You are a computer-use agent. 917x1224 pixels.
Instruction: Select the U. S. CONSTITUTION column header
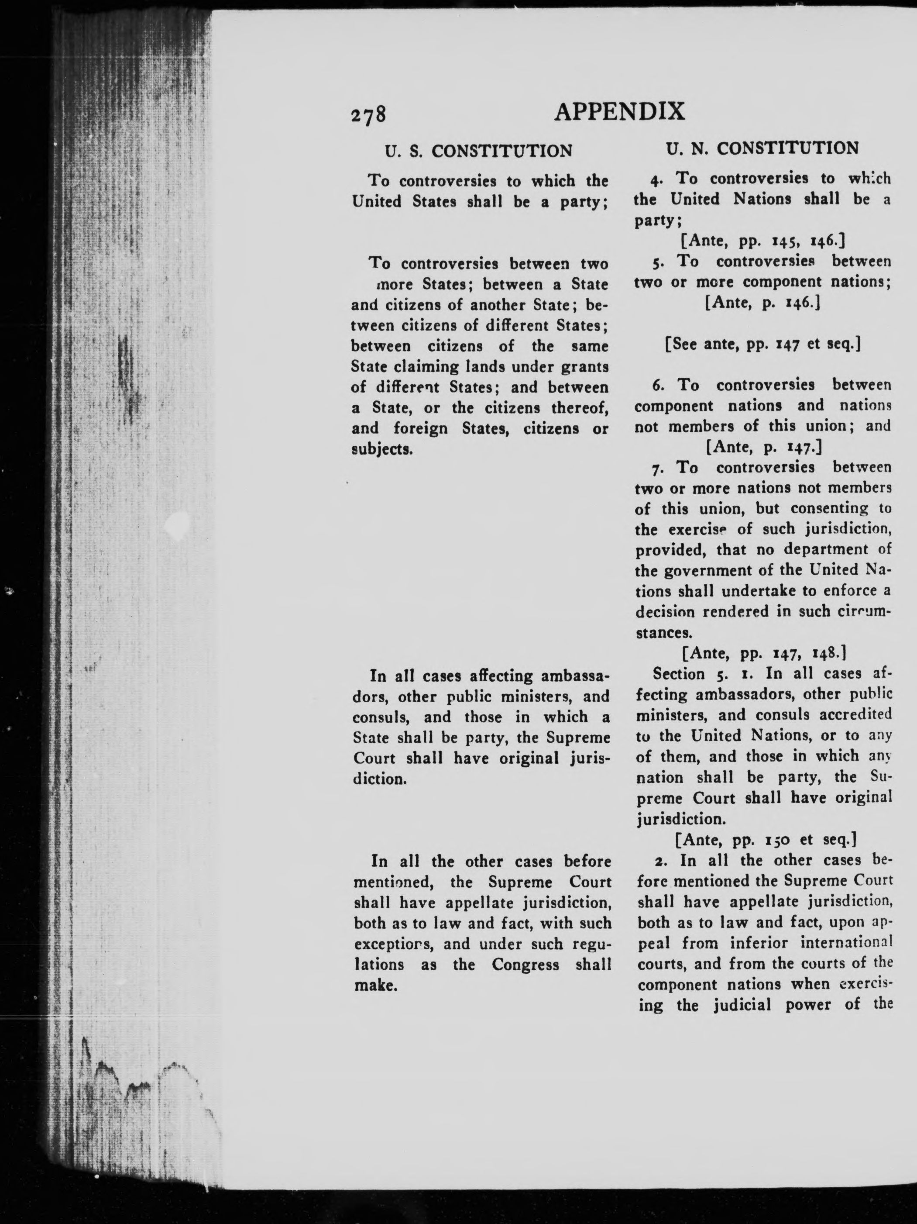pos(478,151)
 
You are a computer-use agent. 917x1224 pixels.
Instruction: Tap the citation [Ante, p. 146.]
pos(762,303)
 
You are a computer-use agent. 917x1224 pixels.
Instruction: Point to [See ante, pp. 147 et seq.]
pos(762,344)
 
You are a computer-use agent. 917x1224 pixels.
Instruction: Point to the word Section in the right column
pos(679,674)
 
